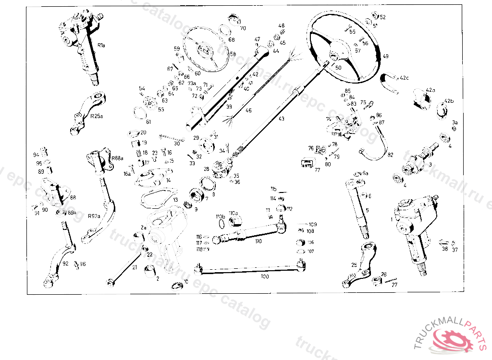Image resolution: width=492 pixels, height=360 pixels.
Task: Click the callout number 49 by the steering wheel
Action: coord(385,56)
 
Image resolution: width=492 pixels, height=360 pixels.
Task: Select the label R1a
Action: coord(101,45)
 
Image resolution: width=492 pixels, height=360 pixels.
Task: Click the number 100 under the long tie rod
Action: coord(265,276)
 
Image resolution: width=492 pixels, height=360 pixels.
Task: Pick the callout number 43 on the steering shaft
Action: coord(281,119)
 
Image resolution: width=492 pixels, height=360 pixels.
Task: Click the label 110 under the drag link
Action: coord(258,241)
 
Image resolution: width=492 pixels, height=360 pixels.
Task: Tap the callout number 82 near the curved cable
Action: coord(390,155)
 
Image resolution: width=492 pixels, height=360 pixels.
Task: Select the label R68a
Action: coord(117,157)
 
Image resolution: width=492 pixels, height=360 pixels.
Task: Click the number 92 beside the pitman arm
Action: coord(65,264)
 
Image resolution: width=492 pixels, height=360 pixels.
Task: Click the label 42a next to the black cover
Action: coord(430,90)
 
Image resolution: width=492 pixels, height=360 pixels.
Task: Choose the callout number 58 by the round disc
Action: coord(233,54)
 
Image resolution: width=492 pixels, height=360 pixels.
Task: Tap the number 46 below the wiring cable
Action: coord(248,111)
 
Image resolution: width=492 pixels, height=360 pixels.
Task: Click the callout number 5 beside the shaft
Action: coord(367,210)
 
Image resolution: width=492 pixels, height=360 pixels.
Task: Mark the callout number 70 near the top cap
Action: coord(243,28)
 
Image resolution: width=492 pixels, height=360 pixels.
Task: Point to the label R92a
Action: coord(94,216)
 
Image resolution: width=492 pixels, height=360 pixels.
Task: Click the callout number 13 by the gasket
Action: coord(176,200)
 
